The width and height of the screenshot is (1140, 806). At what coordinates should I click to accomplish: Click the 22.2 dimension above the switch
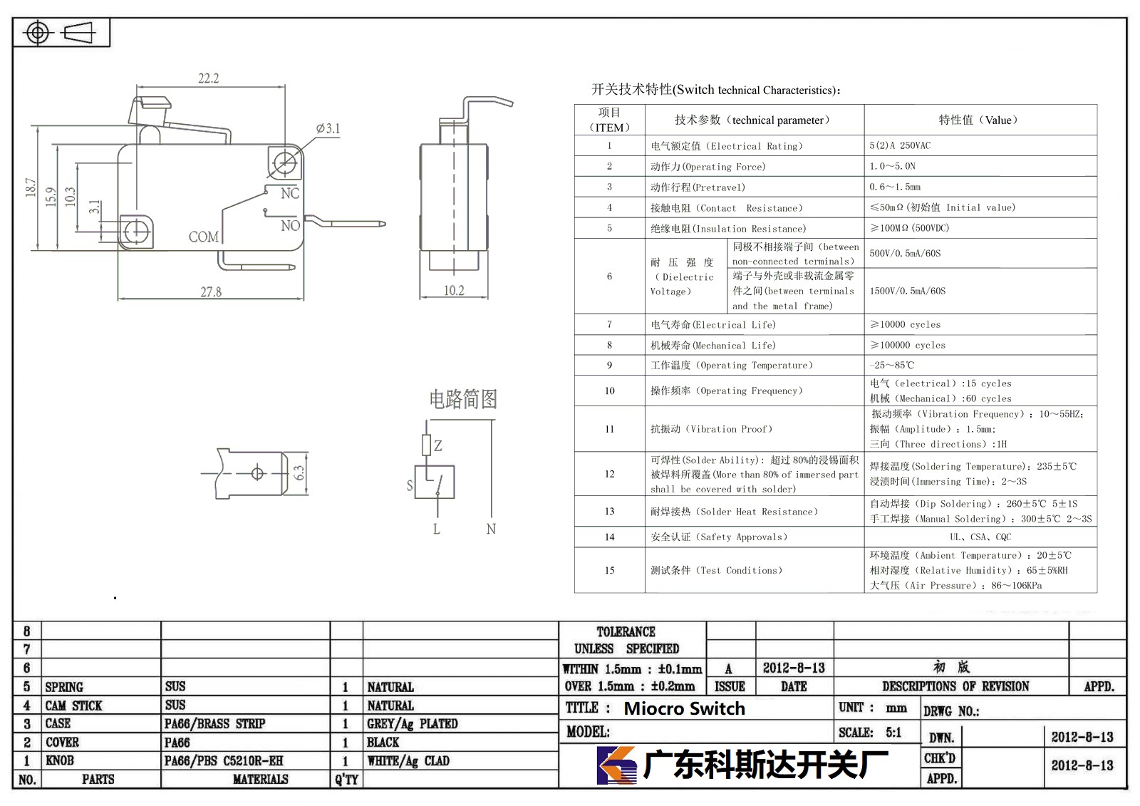coord(208,78)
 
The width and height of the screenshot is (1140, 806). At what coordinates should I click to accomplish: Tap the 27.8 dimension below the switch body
coord(211,291)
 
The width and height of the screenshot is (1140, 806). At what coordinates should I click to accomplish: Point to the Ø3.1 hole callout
coord(328,128)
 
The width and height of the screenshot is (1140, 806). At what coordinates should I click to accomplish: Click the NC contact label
coord(290,193)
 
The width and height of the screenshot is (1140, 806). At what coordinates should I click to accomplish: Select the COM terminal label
coord(204,237)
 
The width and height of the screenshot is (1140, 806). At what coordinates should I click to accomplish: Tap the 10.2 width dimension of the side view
coord(453,290)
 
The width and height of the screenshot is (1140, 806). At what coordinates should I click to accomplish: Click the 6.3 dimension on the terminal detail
coord(299,473)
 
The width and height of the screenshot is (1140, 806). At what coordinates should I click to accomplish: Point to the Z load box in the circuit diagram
coord(427,445)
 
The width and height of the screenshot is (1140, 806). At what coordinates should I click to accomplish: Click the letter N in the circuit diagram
coord(491,529)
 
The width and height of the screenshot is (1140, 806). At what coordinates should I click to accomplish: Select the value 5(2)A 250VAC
coord(900,145)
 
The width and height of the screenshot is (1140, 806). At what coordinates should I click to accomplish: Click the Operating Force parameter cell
coord(708,167)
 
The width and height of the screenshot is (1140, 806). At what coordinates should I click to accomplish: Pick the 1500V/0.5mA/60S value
coord(908,291)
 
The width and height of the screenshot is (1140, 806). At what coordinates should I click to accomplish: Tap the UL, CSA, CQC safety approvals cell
coord(980,537)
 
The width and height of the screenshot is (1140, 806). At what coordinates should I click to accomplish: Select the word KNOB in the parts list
coord(60,760)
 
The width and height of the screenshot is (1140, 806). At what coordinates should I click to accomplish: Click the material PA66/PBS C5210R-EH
coord(224,760)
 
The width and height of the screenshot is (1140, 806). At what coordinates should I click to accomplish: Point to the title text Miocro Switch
coord(685,708)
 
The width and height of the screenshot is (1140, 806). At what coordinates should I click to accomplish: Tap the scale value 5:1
coord(893,732)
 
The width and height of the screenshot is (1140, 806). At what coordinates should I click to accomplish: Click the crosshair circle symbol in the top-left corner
coord(38,33)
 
